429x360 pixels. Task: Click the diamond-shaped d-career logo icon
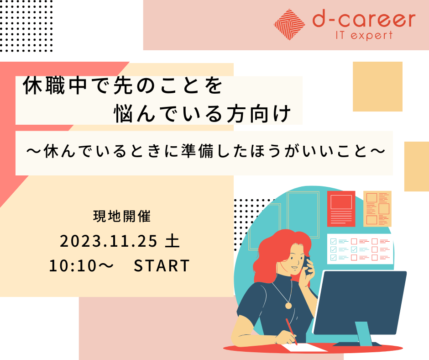pos(289,25)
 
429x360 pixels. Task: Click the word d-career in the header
pos(364,20)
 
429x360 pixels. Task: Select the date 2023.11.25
pos(108,241)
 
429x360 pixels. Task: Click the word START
pos(162,266)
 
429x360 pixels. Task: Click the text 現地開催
pos(122,216)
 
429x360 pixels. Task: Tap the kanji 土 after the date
pos(173,241)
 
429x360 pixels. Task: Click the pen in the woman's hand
pos(292,332)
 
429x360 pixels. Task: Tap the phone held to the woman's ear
pos(308,265)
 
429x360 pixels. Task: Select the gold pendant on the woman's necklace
pos(288,305)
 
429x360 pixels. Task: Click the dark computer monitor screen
pos(360,302)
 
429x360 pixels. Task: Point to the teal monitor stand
pos(363,333)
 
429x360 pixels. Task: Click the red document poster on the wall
pos(341,209)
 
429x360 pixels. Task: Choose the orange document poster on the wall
pos(377,209)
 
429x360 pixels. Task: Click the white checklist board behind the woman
pos(360,249)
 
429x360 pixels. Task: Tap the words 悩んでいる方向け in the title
pos(203,113)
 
